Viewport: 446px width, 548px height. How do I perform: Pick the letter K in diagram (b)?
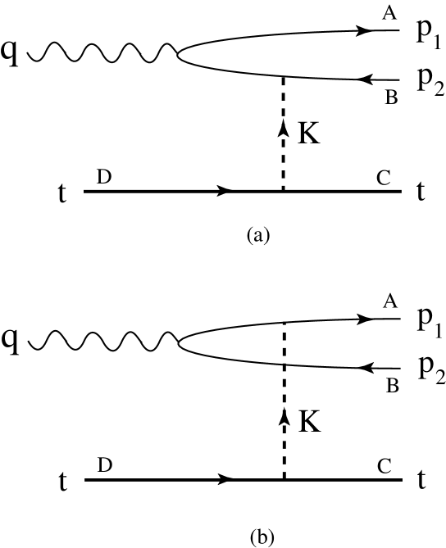[x=309, y=421]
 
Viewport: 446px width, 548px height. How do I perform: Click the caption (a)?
[x=257, y=236]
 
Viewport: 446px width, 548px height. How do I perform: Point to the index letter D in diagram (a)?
[x=104, y=175]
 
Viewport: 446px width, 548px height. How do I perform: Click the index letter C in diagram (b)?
[x=383, y=464]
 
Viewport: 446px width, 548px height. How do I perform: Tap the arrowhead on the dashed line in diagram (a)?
[x=284, y=128]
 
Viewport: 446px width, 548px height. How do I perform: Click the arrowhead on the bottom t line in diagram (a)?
[x=225, y=192]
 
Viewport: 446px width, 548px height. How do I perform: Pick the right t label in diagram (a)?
[x=421, y=192]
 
